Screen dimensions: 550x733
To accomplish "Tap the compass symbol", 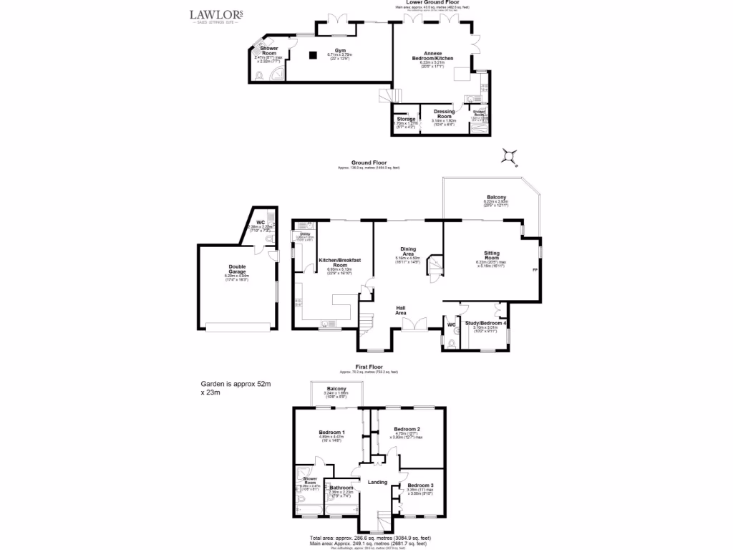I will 510,155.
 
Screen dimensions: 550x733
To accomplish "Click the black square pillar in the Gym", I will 313,54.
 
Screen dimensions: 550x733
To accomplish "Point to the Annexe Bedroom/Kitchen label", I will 432,57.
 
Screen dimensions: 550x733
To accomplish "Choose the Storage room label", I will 407,119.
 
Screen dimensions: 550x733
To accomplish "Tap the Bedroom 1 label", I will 332,432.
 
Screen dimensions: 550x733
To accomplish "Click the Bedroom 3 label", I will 422,485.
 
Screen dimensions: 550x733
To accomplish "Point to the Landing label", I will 377,482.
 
